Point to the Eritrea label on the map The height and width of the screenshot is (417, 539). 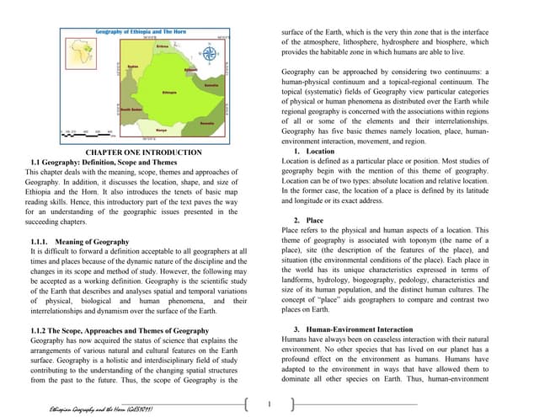coord(163,47)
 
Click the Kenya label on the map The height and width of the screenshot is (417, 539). coord(160,130)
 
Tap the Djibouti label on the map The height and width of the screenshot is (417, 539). coord(190,69)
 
